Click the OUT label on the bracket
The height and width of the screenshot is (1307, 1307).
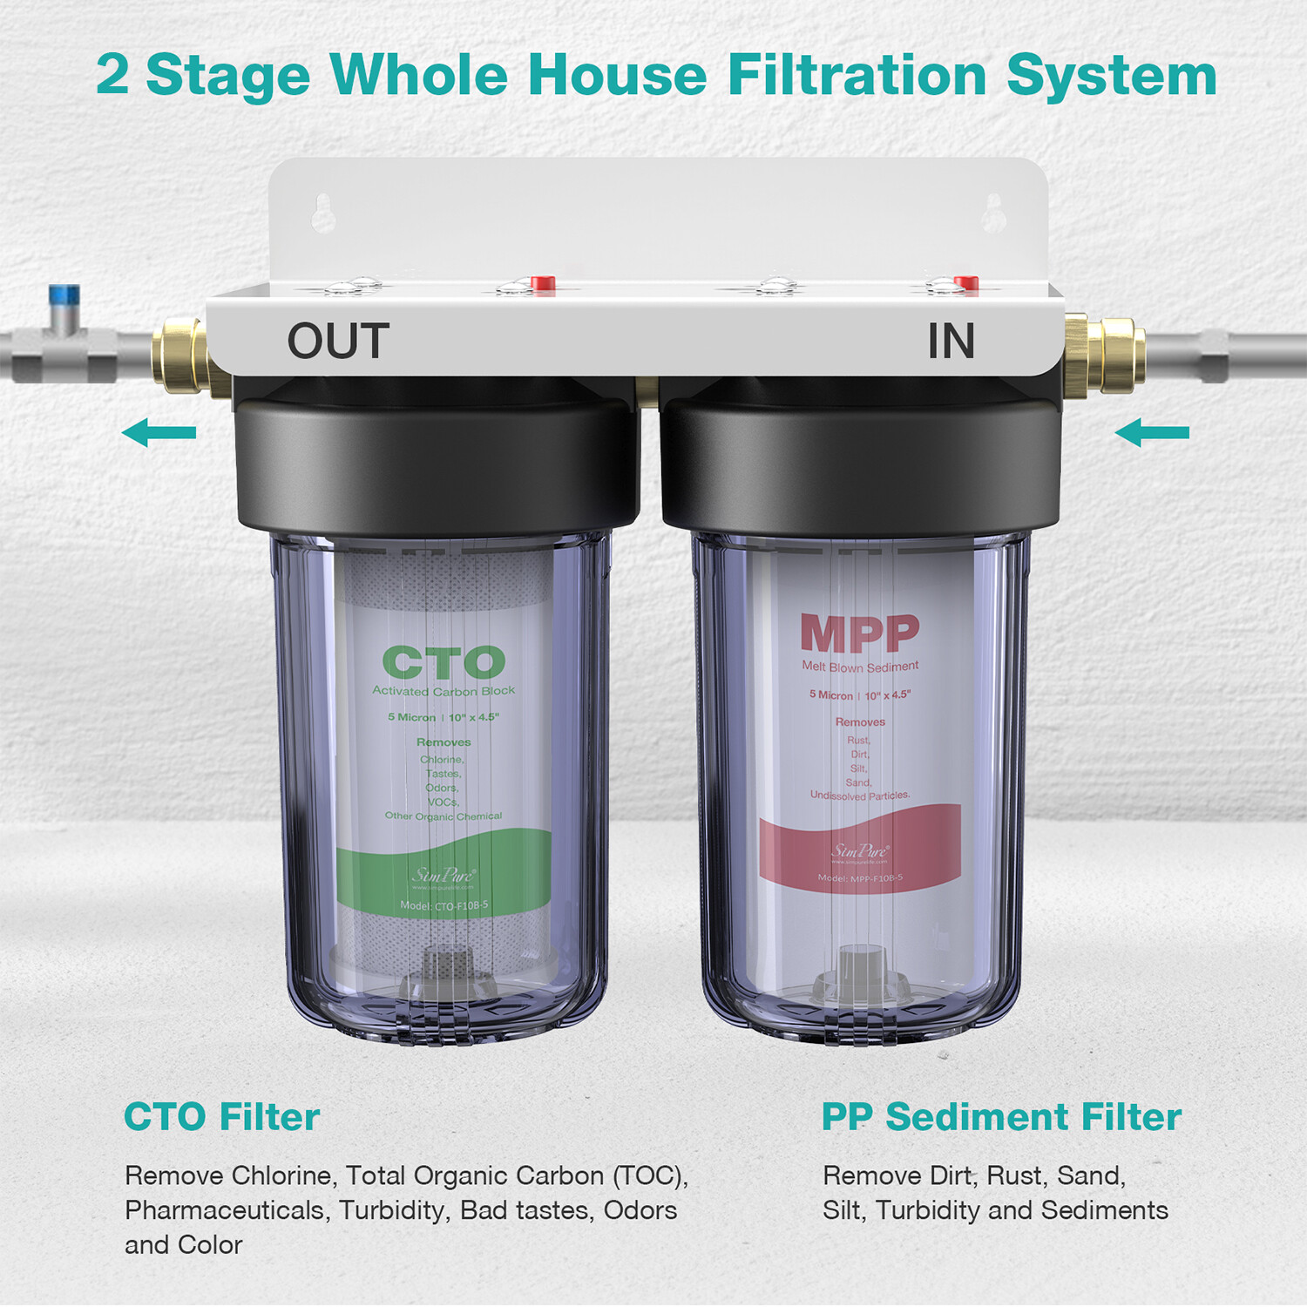point(338,341)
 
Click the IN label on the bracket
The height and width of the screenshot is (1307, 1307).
point(951,341)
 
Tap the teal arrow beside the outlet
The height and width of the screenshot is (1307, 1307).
point(159,432)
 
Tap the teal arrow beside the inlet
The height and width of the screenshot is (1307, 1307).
point(1152,432)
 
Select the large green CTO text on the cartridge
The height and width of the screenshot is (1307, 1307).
point(444,663)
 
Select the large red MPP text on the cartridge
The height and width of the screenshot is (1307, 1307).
point(859,633)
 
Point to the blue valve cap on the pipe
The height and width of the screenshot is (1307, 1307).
point(64,295)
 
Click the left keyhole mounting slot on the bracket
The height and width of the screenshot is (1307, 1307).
point(323,213)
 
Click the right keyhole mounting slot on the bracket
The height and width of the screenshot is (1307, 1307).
point(994,213)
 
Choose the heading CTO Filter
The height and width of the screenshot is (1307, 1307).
point(221,1117)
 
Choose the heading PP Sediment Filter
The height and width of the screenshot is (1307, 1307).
point(1001,1117)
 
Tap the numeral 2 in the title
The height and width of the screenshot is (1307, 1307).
point(112,75)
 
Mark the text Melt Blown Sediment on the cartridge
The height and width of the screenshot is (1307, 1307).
point(860,667)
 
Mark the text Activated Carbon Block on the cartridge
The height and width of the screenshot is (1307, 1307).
point(444,691)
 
